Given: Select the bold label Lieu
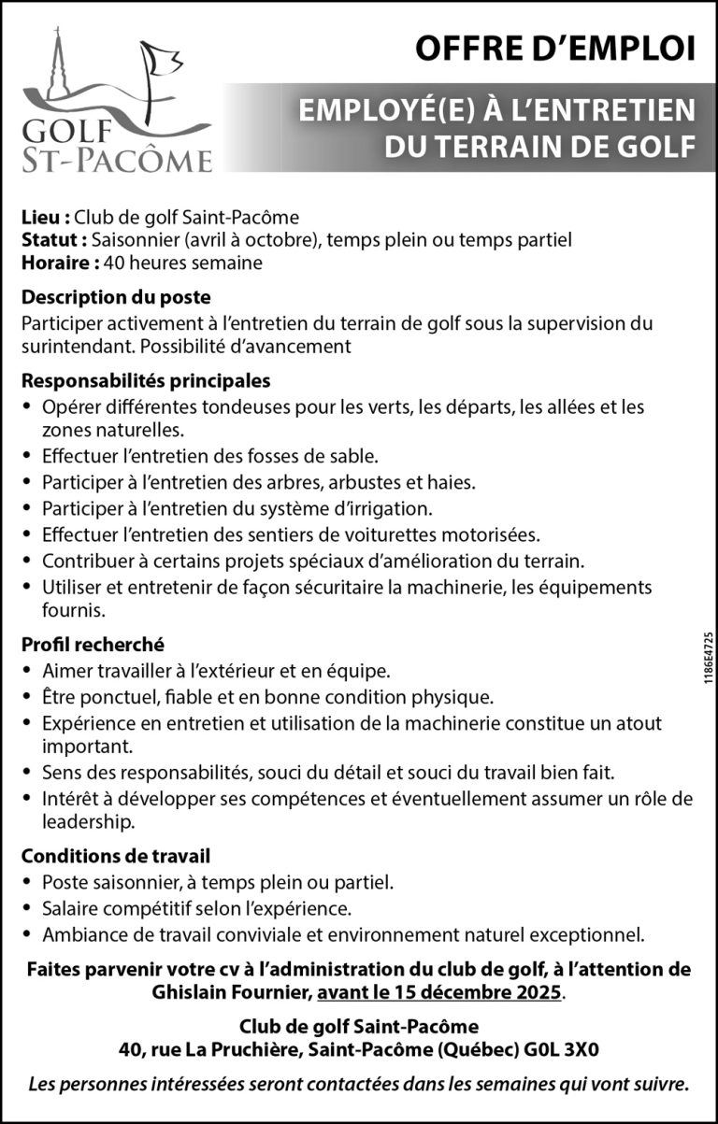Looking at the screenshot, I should pos(45,218).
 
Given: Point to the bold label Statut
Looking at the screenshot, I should pos(54,240).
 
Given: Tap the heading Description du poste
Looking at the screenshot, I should pos(116,298).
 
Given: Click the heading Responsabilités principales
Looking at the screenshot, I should pos(146,381).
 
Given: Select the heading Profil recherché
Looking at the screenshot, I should pos(93,644).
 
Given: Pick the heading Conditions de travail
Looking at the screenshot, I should pos(115,855).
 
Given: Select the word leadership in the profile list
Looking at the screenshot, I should pos(88,822).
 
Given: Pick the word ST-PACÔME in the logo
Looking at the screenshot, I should pos(116,160).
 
